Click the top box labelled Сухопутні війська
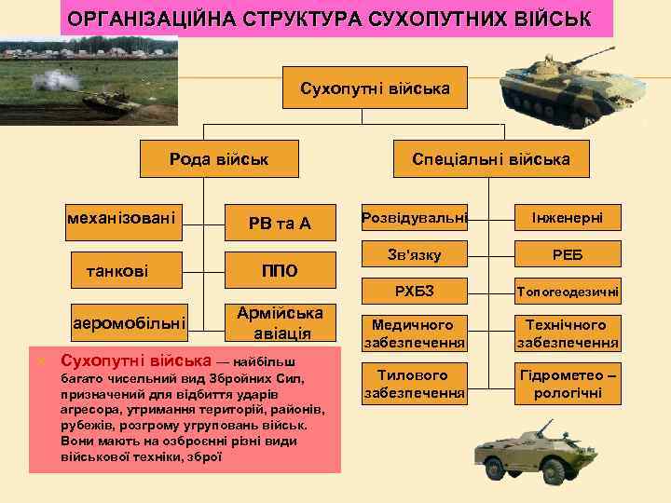pos(375,89)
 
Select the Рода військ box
pos(219,159)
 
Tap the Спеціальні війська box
pos(491,159)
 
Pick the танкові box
pos(121,271)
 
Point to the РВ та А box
pos(280,224)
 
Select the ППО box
pos(280,271)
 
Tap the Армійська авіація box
pos(280,322)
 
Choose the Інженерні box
pos(567,217)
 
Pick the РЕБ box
pos(567,254)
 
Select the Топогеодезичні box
pos(567,292)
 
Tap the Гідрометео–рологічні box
pos(567,384)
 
